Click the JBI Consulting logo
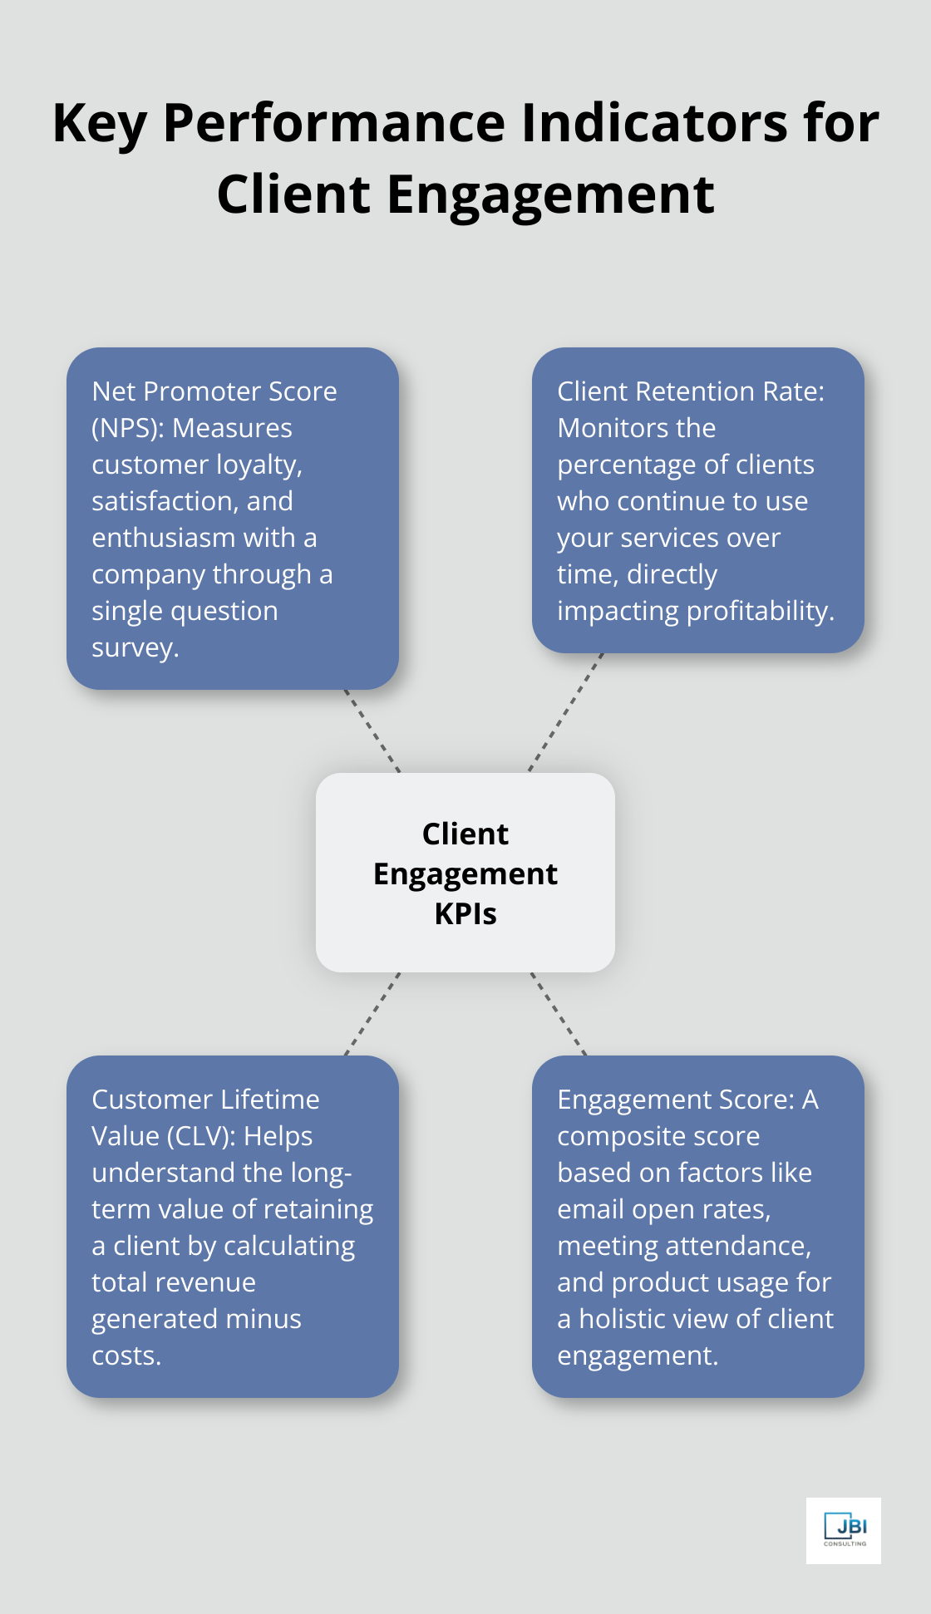(x=843, y=1530)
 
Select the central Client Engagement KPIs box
(x=465, y=873)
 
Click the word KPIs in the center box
(x=465, y=914)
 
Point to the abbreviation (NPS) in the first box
(x=127, y=428)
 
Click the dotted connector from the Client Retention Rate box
(x=565, y=713)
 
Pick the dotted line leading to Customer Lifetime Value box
(x=372, y=1014)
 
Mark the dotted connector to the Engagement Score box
(x=559, y=1014)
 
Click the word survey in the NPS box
(x=135, y=648)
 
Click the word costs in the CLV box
(x=126, y=1356)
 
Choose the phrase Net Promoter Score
(x=214, y=391)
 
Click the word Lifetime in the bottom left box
(x=267, y=1100)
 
